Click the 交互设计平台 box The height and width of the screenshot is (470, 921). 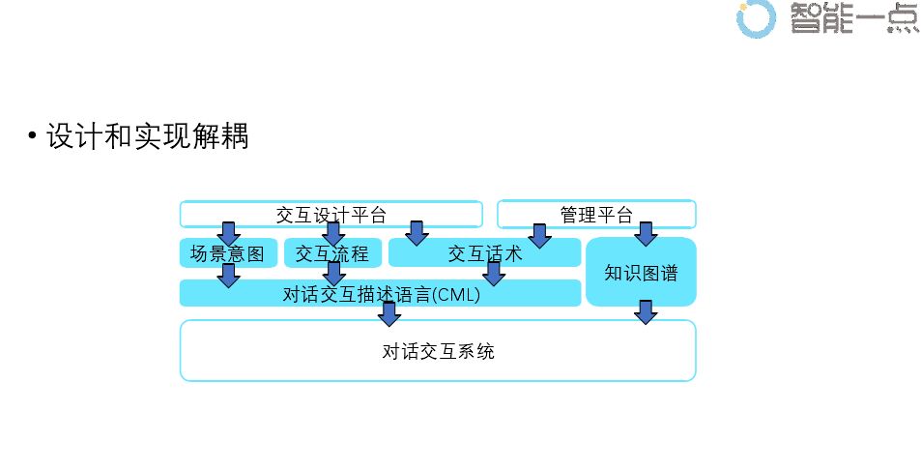coord(331,214)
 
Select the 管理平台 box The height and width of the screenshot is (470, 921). coord(596,214)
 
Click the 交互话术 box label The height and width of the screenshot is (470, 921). coord(485,253)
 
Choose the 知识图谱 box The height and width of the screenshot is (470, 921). coord(641,273)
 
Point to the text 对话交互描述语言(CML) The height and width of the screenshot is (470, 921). coord(381,294)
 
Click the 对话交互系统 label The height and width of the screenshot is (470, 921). coord(438,351)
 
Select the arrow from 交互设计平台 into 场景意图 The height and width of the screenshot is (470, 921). coord(229,233)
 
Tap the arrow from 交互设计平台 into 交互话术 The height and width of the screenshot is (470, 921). coord(417,233)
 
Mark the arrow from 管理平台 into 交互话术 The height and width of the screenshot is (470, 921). coord(539,236)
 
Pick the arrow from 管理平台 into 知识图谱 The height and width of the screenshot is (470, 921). coord(645,233)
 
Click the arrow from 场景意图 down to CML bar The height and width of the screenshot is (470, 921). coord(229,276)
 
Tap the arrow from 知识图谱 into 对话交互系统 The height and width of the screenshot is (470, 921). coord(646,311)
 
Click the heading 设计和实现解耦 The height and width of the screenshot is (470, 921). coord(147,137)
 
